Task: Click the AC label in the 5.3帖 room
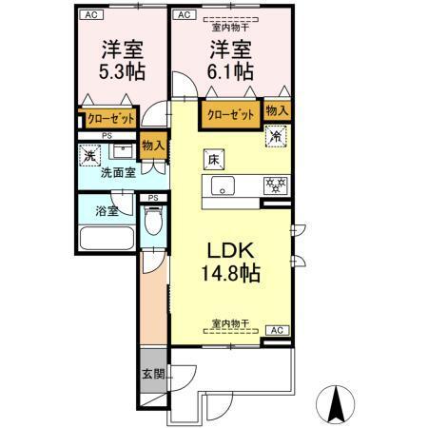89,14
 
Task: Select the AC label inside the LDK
279,330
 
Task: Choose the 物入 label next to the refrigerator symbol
278,112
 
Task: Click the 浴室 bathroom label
106,211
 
